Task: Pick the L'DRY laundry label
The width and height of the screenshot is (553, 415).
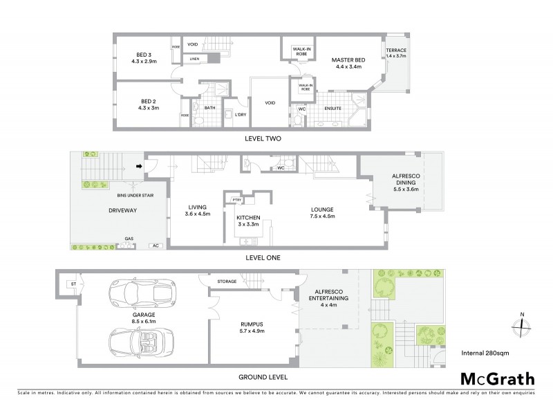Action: pos(241,114)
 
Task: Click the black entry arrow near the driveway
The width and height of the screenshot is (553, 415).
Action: pos(139,166)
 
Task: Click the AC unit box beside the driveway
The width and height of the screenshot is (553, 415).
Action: pos(156,245)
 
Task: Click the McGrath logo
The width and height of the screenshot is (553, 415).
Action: pos(497,378)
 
